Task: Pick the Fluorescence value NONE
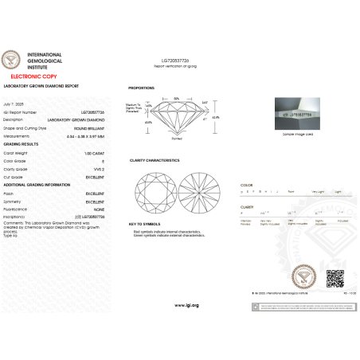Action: click(100, 209)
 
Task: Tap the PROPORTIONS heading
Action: click(141, 88)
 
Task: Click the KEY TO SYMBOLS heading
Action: click(145, 224)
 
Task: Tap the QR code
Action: click(335, 280)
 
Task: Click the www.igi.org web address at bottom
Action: click(180, 305)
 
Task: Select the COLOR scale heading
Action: click(246, 184)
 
